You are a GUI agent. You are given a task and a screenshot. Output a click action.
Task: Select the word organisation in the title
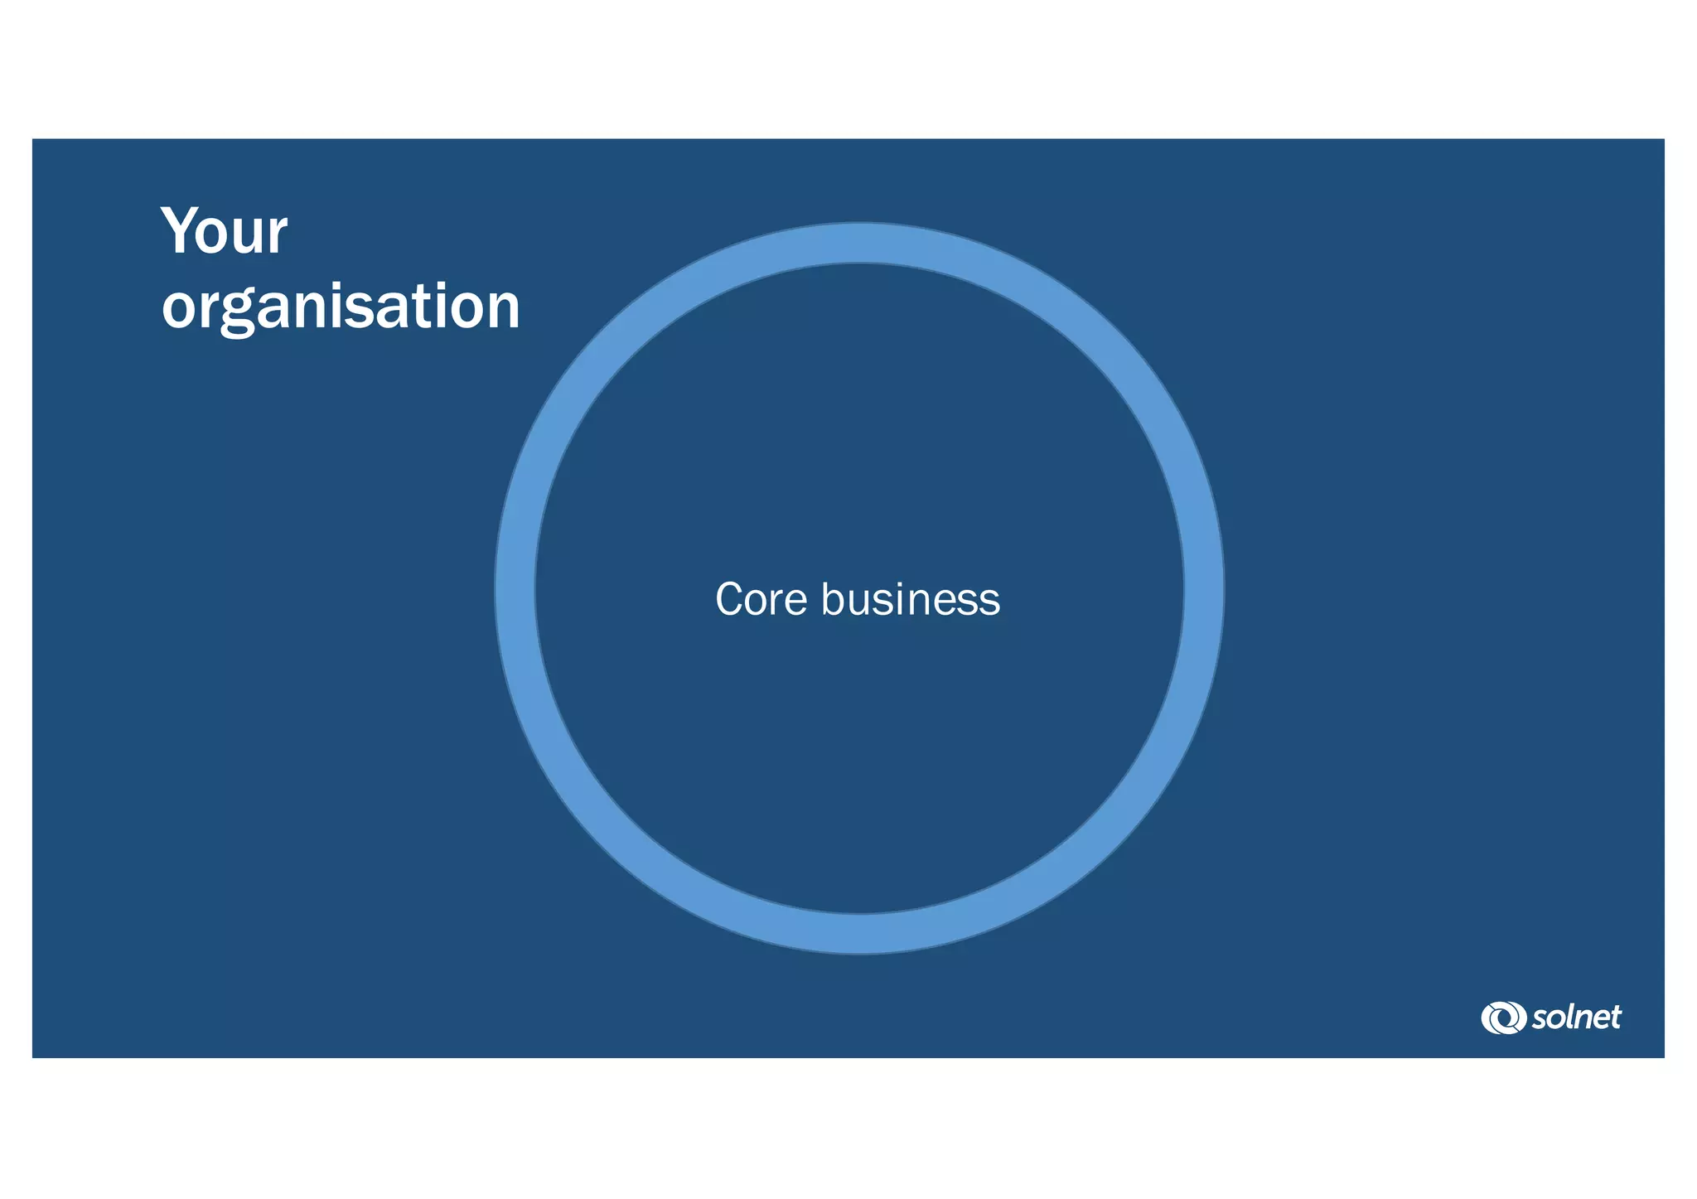pos(341,306)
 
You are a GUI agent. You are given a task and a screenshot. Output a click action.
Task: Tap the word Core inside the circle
pos(761,599)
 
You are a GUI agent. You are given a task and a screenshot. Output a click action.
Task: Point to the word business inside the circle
pos(911,599)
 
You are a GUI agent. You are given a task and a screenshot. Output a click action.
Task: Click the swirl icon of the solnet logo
pos(1503,1018)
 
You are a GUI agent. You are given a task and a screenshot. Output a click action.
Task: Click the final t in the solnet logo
pos(1614,1018)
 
